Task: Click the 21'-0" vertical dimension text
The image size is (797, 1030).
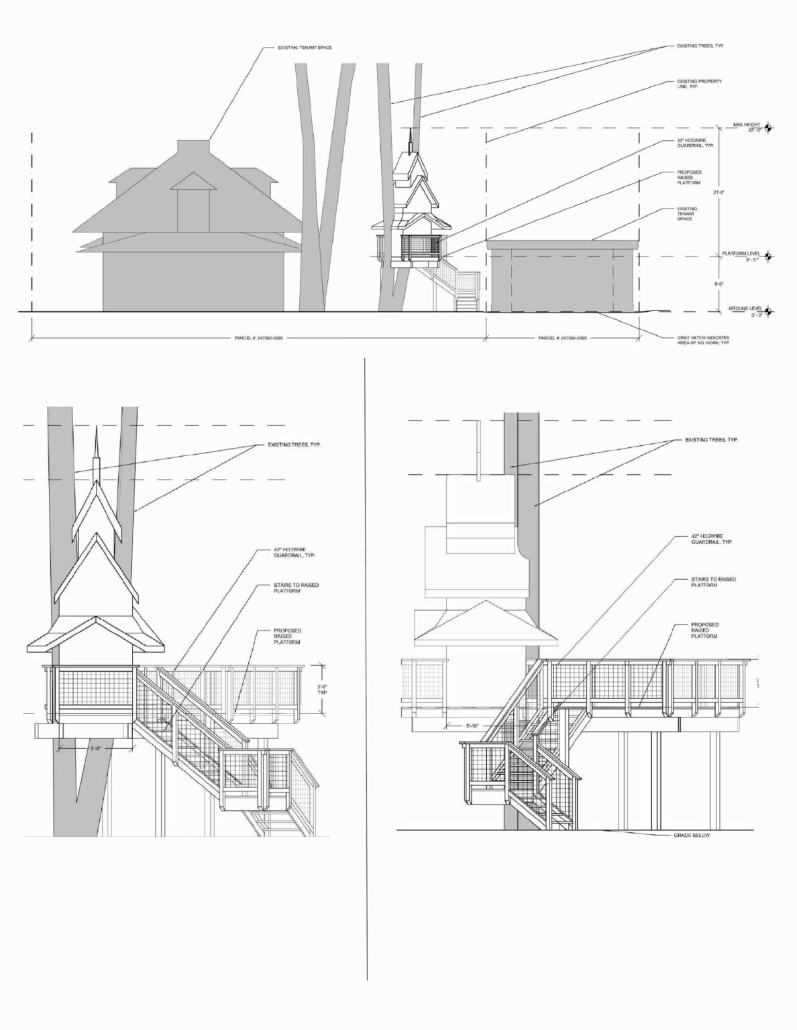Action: [x=719, y=192]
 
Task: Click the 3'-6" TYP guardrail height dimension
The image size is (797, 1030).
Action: [x=322, y=689]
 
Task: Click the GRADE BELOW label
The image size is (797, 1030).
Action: [x=691, y=836]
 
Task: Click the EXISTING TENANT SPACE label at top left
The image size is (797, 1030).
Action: [x=305, y=48]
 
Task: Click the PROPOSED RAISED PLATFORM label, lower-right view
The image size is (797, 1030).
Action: [x=704, y=630]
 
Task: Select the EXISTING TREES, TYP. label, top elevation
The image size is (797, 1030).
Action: [x=700, y=46]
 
